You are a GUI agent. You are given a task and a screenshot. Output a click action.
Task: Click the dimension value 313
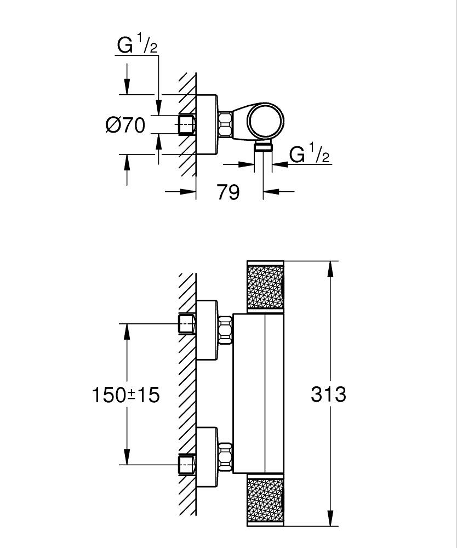coord(329,393)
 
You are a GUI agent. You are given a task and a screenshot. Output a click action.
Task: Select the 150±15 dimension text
coord(125,394)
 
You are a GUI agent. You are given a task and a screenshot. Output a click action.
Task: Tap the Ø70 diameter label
coord(125,125)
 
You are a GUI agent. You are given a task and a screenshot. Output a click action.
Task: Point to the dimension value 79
coord(229,192)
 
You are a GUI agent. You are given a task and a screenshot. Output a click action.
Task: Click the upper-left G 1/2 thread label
coord(138,46)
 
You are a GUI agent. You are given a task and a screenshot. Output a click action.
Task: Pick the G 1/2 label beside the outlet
coord(310,155)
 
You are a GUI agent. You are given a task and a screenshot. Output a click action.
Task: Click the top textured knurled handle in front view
coord(266,287)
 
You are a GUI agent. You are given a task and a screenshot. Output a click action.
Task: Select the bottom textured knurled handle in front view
coord(266,499)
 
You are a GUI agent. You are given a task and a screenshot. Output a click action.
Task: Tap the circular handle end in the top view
coord(265,121)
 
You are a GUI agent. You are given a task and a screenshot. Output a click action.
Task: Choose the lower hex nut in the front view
coord(225,456)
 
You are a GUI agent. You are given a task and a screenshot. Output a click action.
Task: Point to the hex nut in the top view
coord(225,125)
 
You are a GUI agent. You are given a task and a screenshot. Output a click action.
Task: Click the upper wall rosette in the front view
coord(207,330)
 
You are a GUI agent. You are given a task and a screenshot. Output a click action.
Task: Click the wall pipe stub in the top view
coord(187,125)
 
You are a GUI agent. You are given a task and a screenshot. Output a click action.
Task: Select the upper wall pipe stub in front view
coord(187,324)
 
